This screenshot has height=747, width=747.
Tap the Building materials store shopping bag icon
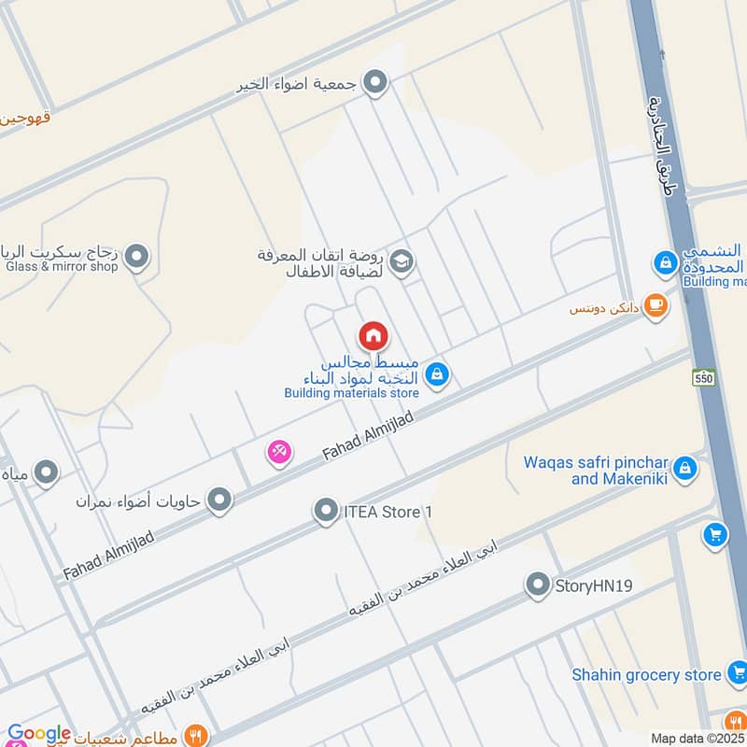point(436,376)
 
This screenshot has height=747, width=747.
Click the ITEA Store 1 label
point(389,512)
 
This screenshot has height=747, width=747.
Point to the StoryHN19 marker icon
point(537,585)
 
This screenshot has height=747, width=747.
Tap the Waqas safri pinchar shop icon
point(685,468)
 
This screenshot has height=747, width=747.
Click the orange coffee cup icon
point(656,305)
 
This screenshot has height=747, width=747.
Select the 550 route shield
point(703,378)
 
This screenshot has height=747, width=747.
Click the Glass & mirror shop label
point(63,266)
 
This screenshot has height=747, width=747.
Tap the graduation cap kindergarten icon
point(403,262)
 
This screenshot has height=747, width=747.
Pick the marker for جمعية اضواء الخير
point(375,84)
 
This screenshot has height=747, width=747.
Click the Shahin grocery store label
point(647,674)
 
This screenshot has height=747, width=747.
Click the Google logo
point(39,734)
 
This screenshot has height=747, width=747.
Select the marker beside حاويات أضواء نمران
point(219,500)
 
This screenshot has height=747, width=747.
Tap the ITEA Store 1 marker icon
point(326,511)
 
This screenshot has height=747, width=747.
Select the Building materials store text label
point(352,393)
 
